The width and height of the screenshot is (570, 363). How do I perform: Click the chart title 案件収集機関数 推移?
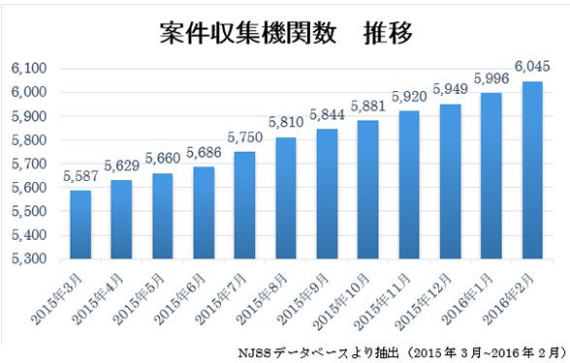pyautogui.click(x=285, y=33)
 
